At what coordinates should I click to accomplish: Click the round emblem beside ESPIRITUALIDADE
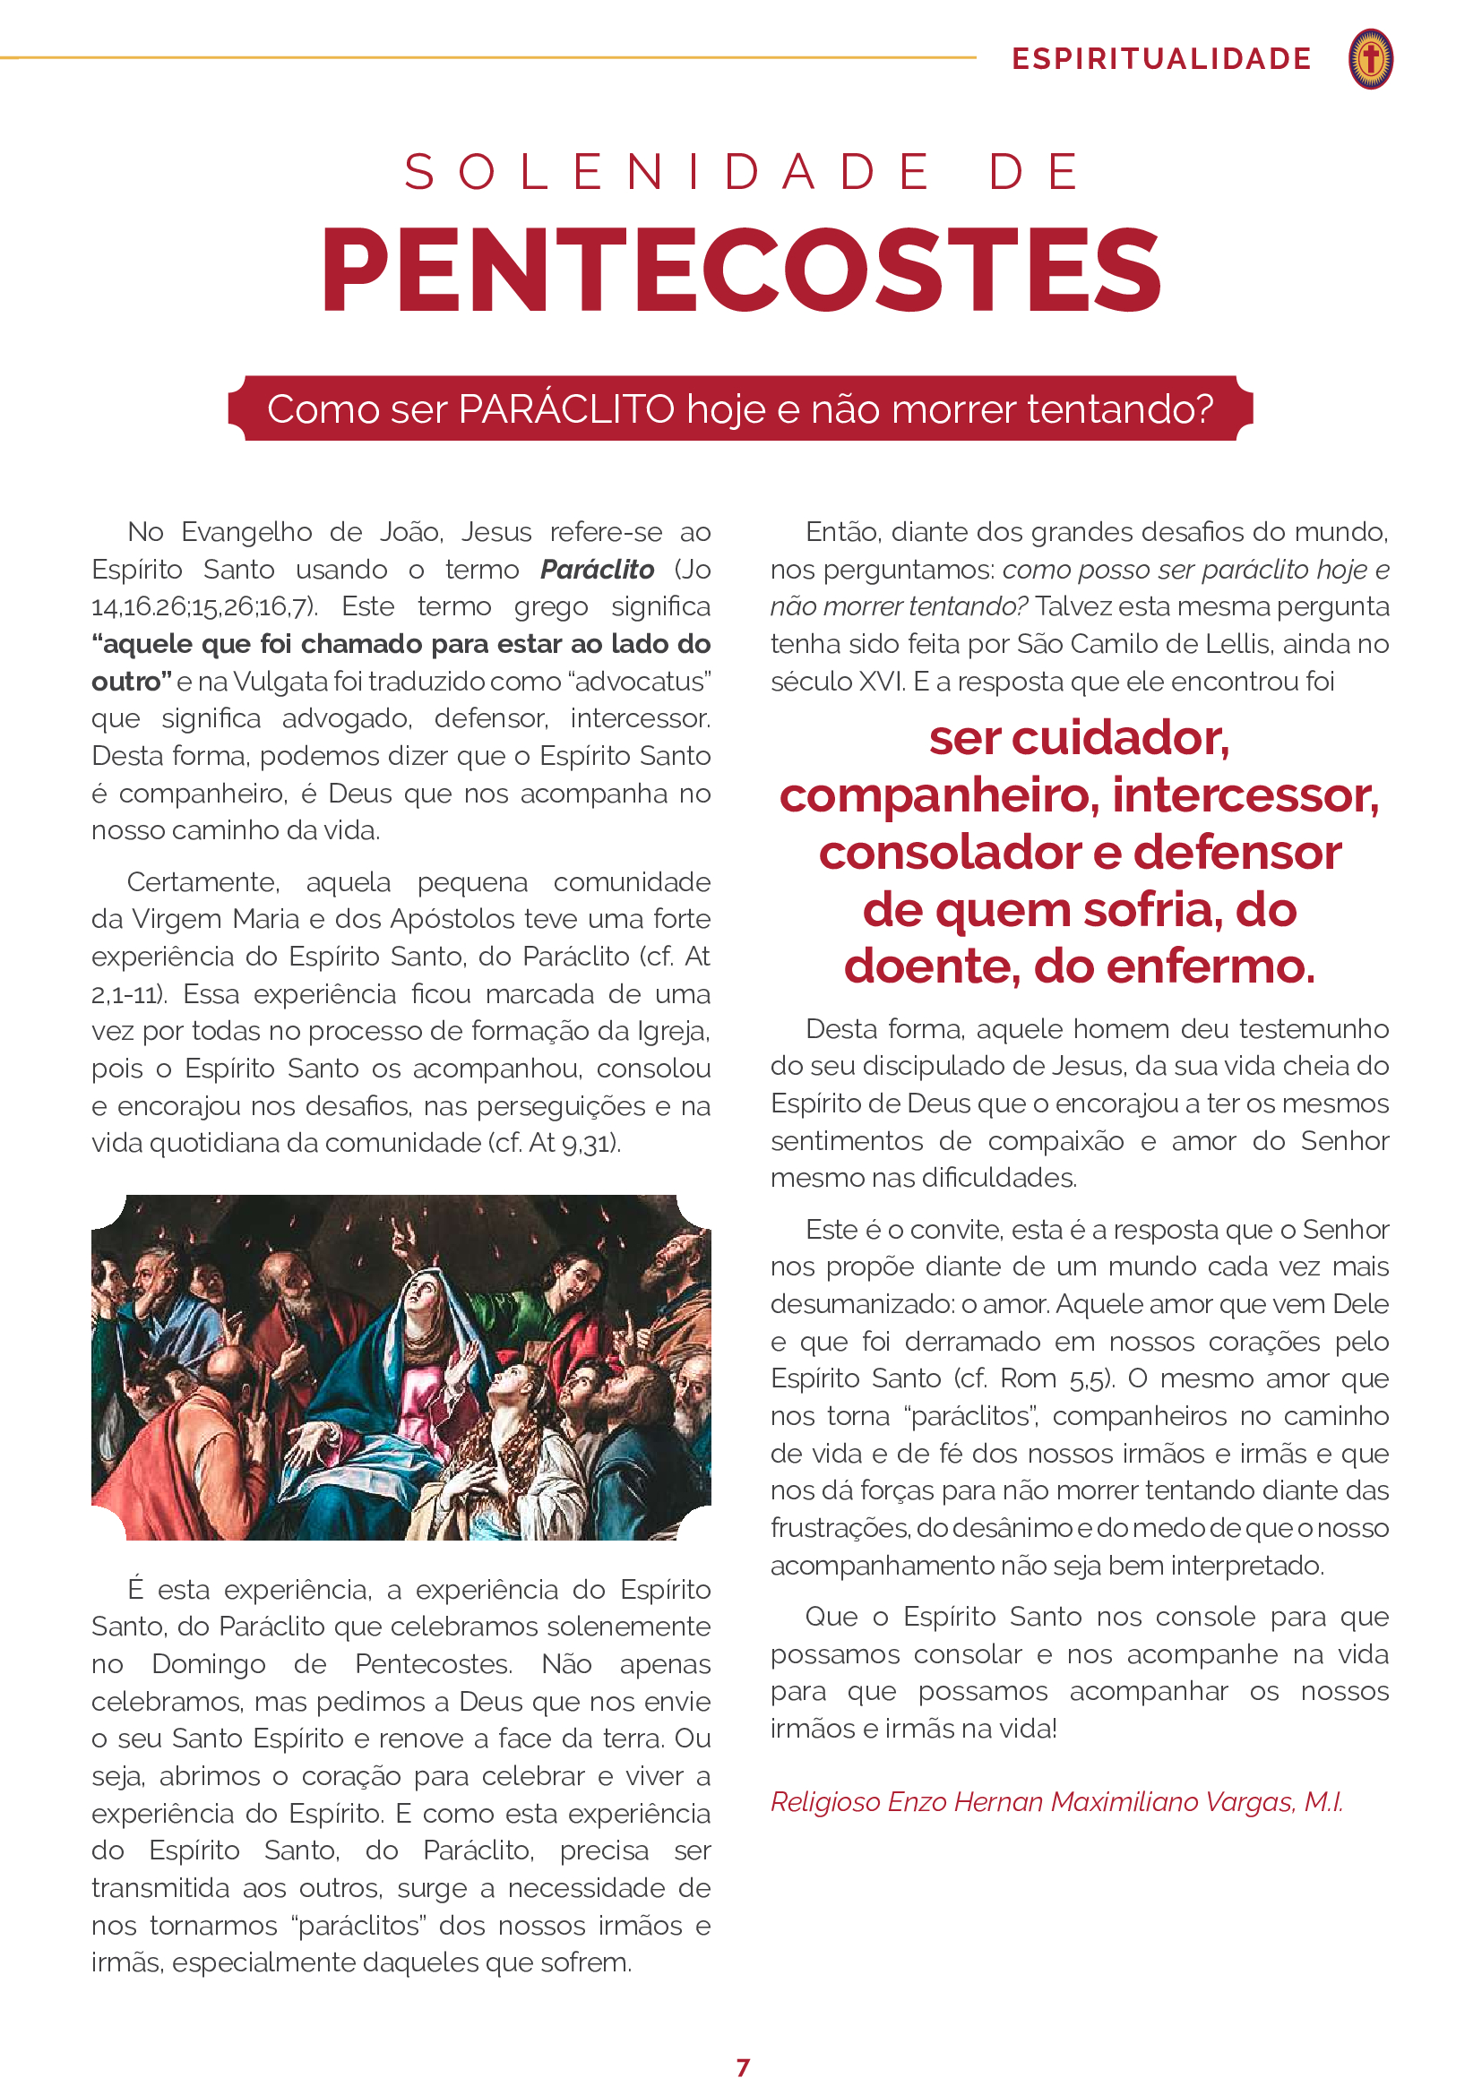(x=1370, y=59)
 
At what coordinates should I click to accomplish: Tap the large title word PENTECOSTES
(x=741, y=271)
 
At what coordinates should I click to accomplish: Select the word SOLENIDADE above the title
(x=668, y=172)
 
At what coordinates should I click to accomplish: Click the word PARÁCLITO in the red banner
(x=565, y=409)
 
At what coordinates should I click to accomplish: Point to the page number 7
(x=743, y=2066)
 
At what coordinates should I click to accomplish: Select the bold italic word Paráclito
(x=597, y=570)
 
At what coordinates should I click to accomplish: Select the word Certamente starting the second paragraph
(x=202, y=882)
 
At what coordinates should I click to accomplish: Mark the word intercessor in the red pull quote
(x=1245, y=795)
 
